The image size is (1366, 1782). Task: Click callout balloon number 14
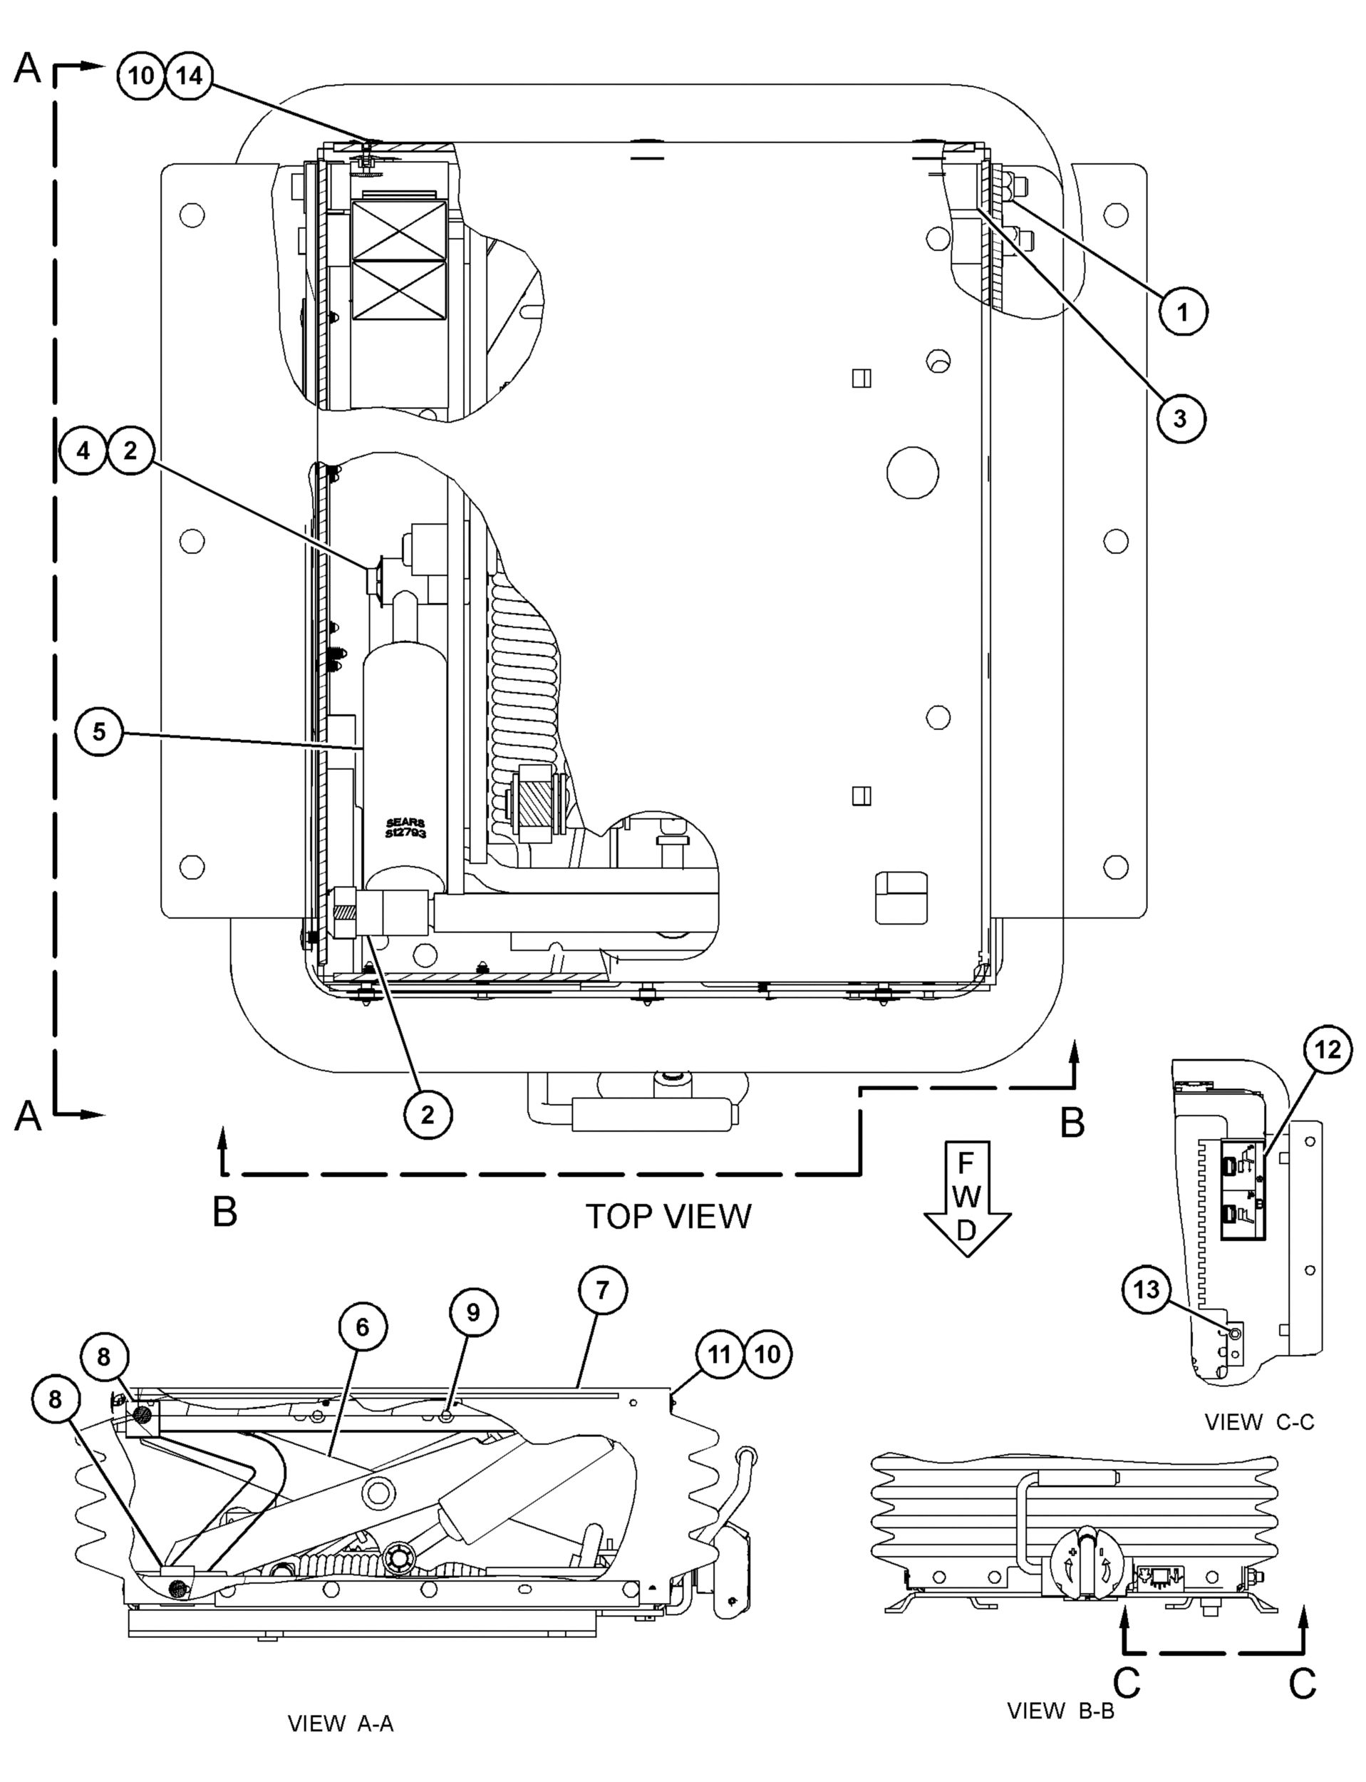[x=190, y=76]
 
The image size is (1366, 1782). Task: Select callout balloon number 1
[x=1183, y=311]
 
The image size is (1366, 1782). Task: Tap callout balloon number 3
[x=1179, y=419]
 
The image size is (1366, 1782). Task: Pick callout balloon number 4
[x=84, y=450]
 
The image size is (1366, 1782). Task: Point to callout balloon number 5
[x=98, y=731]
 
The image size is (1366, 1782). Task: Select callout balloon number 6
[x=362, y=1327]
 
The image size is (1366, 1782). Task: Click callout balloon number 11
[x=720, y=1354]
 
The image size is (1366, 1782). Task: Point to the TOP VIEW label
[x=668, y=1216]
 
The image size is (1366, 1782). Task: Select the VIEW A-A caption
[x=341, y=1724]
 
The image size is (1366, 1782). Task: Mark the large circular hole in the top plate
[x=912, y=472]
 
